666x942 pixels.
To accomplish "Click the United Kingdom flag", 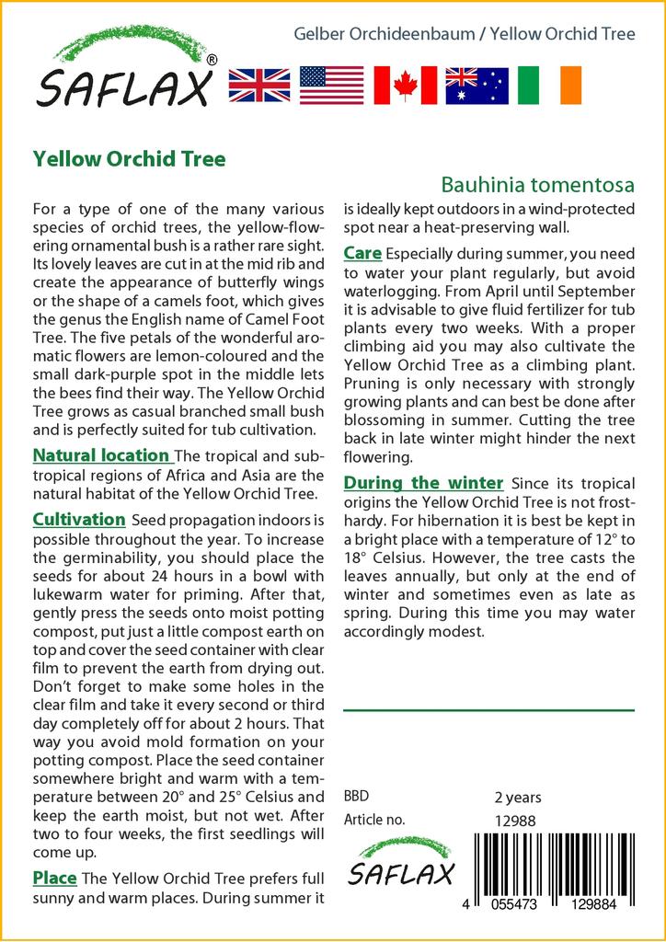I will (x=259, y=85).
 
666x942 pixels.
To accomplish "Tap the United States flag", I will (x=332, y=85).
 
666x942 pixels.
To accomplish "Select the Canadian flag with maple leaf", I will (x=405, y=85).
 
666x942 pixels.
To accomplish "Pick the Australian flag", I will (x=477, y=85).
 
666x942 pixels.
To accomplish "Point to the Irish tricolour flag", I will (x=550, y=85).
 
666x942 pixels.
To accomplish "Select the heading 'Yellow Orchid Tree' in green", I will (x=129, y=158).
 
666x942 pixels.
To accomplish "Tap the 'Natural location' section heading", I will (x=101, y=455).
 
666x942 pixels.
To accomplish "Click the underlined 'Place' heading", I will (x=54, y=878).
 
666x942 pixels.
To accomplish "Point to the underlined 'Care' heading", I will (x=362, y=252).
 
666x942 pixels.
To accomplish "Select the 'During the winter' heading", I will (x=423, y=483).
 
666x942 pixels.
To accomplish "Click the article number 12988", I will (x=514, y=821).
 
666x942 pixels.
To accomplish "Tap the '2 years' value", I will (x=518, y=798).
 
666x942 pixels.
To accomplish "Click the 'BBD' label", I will (x=357, y=798).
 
